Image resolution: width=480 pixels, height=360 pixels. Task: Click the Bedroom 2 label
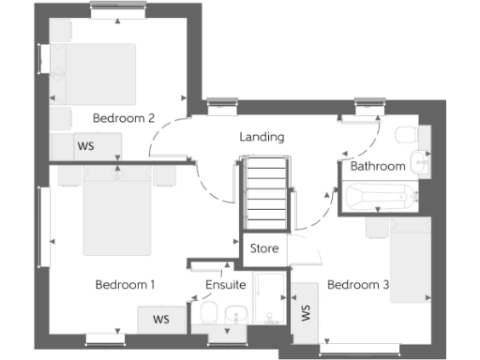point(124,118)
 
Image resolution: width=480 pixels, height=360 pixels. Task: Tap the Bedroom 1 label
point(126,284)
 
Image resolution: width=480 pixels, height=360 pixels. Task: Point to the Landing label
point(262,137)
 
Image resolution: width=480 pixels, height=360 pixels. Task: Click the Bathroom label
point(378,166)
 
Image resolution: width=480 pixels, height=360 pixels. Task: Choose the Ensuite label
point(225,284)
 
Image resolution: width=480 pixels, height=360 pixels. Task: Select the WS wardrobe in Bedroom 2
point(86,146)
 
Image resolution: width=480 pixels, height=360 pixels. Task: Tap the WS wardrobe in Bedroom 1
point(161,319)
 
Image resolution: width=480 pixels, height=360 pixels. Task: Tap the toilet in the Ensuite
point(208,313)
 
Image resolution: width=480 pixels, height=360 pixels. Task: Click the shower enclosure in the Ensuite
point(271,299)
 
